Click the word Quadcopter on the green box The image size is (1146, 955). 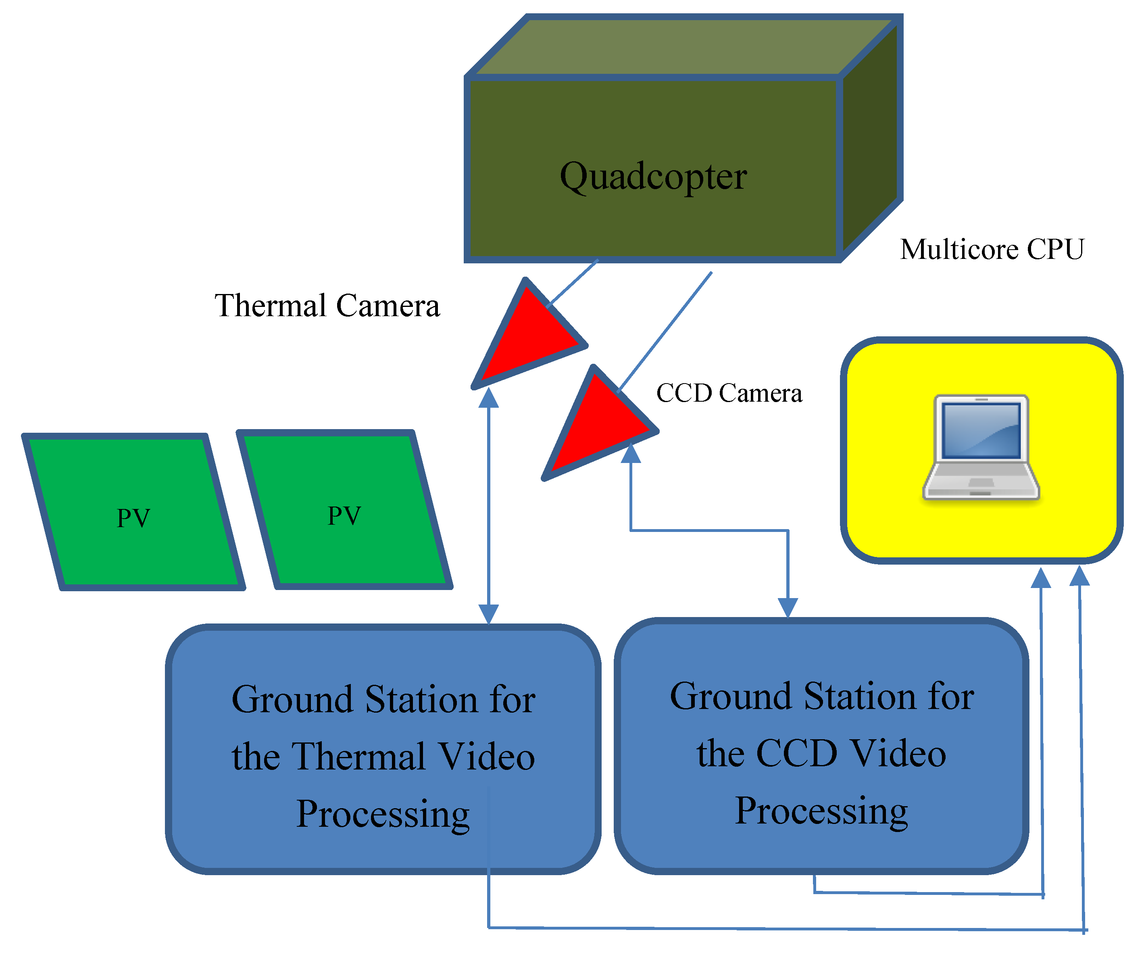point(653,177)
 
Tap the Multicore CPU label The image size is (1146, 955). point(992,250)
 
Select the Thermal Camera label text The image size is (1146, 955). point(327,306)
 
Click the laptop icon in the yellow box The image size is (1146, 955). point(981,448)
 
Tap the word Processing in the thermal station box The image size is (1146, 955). point(383,814)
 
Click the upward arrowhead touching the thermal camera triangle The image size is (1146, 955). point(488,398)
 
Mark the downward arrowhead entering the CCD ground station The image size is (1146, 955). point(788,607)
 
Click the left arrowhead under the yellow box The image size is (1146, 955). point(1041,578)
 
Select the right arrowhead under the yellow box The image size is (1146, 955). point(1079,577)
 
